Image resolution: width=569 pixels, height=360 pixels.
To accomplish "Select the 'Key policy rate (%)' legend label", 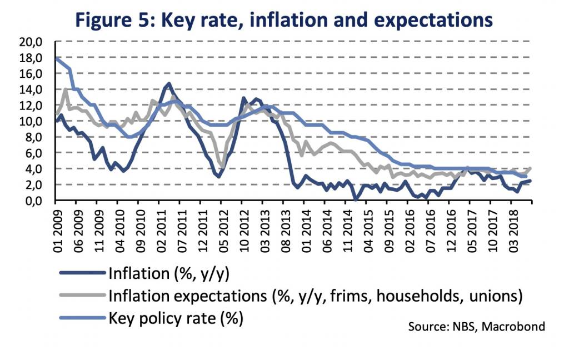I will click(x=177, y=318).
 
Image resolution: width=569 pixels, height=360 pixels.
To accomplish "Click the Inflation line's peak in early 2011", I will click(x=168, y=84).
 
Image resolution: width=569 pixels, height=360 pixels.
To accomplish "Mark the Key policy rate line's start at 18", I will click(x=57, y=58).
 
